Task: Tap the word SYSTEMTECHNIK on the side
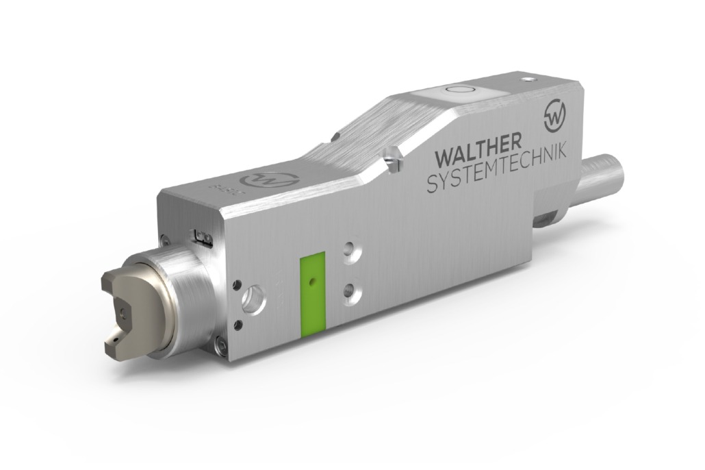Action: (497, 171)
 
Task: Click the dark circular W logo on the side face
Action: (557, 117)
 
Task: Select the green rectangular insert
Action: (312, 294)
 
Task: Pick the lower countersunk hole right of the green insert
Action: (353, 291)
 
